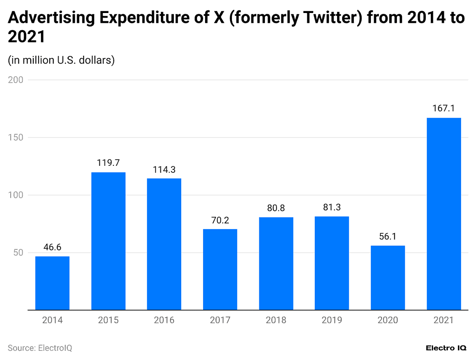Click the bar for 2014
53,283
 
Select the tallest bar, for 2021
444,214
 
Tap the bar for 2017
220,269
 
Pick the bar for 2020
388,277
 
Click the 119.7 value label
108,163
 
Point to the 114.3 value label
164,170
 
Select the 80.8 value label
276,208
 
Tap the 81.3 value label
332,208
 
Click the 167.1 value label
444,108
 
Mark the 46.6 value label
53,247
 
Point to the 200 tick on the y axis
16,80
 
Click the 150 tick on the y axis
16,137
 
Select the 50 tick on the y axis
18,253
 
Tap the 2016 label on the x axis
164,320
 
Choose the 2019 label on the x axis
332,320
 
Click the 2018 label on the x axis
276,320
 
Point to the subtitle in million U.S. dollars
61,60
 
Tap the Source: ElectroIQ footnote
40,348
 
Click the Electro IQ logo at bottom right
446,348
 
